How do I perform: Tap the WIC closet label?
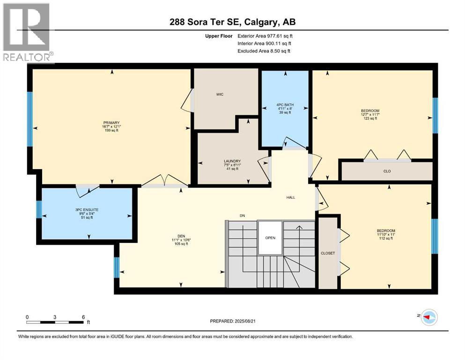coord(220,94)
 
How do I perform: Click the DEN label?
coord(182,236)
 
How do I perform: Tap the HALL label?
coord(290,197)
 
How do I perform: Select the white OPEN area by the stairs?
coord(270,237)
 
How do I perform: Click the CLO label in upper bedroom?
coord(387,171)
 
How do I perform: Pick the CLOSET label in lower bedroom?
coord(328,253)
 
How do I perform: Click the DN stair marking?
coord(242,216)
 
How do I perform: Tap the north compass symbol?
coord(429,317)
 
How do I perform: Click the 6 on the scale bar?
coord(83,317)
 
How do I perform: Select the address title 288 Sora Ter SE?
coord(232,22)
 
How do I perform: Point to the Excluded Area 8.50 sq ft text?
coord(264,51)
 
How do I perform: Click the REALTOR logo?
coord(27,33)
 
